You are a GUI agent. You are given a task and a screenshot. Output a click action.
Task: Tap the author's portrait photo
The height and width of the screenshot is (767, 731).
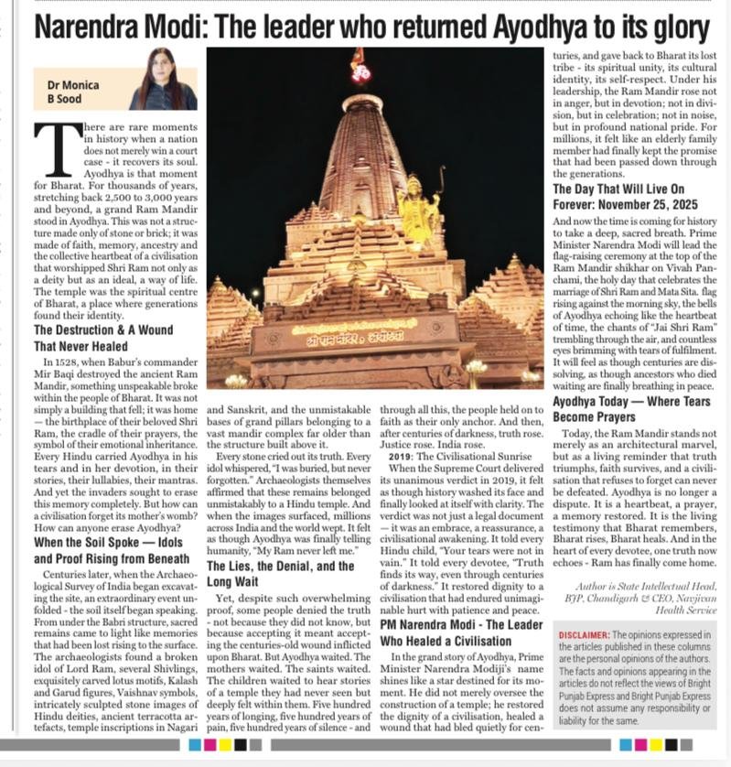click(163, 80)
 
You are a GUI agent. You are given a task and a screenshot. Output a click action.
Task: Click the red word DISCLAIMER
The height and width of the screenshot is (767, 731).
click(585, 634)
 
